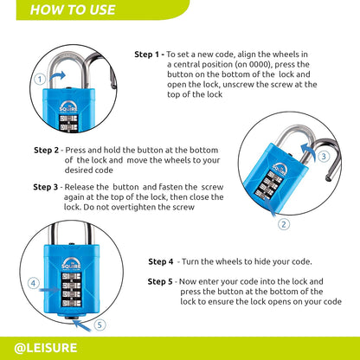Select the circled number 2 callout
coord(282,223)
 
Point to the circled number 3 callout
coord(323,157)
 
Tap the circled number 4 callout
coord(33,282)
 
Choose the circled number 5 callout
coord(98,325)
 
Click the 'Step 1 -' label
coord(149,54)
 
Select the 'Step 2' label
coord(46,149)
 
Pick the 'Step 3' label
coord(46,186)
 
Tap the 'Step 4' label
coord(161,261)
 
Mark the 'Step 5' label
coord(161,281)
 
